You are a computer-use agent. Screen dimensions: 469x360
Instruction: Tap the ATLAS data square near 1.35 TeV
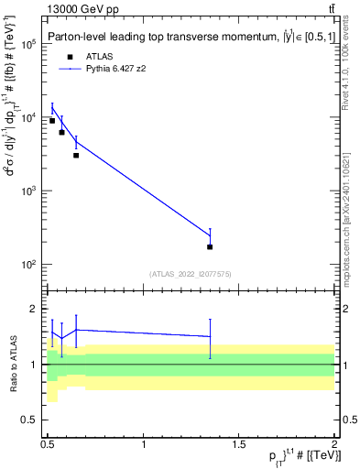(210, 246)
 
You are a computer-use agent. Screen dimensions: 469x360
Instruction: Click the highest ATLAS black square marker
(52, 121)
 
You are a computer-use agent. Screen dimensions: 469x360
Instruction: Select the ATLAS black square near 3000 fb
(76, 155)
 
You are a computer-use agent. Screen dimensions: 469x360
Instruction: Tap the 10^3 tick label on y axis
(28, 191)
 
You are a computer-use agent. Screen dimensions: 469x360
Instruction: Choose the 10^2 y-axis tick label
(28, 265)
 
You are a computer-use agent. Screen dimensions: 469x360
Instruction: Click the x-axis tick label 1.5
(239, 444)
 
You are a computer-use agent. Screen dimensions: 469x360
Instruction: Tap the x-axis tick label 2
(334, 444)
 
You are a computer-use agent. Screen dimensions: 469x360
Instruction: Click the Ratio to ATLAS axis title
(11, 365)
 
